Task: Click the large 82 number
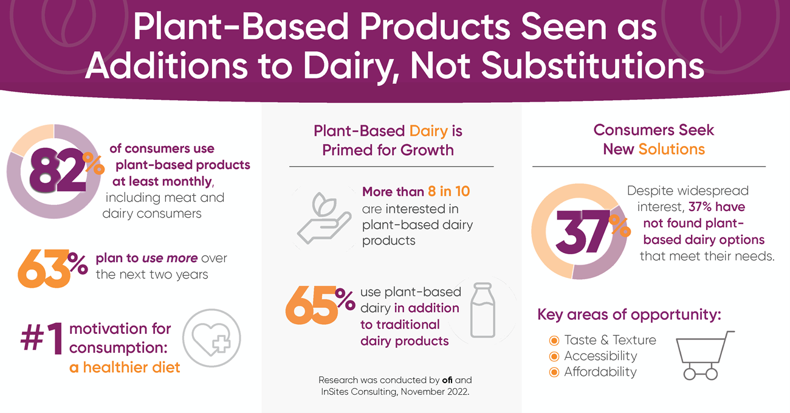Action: [58, 170]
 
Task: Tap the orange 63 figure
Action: [44, 269]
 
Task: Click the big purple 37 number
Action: [583, 232]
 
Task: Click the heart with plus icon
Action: [211, 338]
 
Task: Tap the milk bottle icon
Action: [483, 310]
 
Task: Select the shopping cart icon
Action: [704, 355]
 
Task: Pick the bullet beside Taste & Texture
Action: [554, 340]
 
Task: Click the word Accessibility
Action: [600, 356]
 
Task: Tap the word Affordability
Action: [600, 372]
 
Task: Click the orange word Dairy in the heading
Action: [428, 131]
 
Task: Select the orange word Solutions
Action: [671, 149]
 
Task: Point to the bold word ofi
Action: [447, 380]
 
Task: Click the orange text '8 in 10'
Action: [448, 192]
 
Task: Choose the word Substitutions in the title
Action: [592, 66]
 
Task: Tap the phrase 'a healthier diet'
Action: [125, 367]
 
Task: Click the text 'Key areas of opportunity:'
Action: [629, 314]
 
